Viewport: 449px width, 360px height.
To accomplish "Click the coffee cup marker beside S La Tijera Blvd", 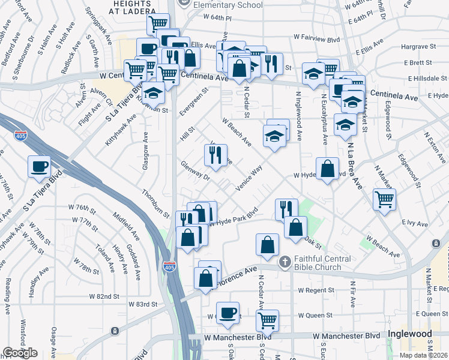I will pyautogui.click(x=40, y=166).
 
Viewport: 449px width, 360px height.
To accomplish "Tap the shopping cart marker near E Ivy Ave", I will pyautogui.click(x=384, y=199).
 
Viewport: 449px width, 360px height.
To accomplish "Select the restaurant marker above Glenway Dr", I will pyautogui.click(x=215, y=155).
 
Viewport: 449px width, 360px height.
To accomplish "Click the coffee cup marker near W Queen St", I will pyautogui.click(x=228, y=313).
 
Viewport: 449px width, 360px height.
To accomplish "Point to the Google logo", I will pyautogui.click(x=20, y=352).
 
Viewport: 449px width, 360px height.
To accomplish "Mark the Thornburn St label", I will pyautogui.click(x=155, y=203).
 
